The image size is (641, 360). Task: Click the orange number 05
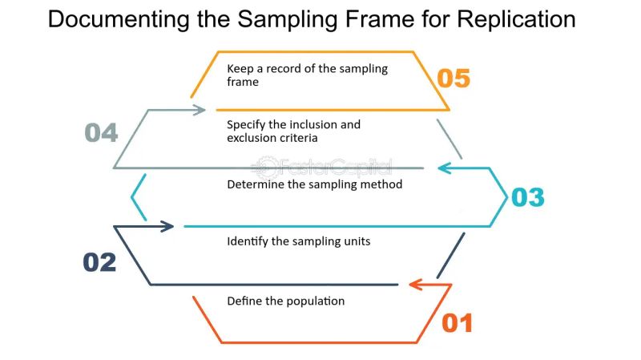[x=453, y=79]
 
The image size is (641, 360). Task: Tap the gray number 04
[x=102, y=132]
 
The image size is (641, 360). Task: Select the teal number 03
[x=527, y=197]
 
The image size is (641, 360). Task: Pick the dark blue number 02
[x=100, y=262]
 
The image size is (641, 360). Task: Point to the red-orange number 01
[x=458, y=323]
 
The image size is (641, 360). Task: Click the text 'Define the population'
[x=285, y=301]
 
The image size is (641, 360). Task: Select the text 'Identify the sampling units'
[x=298, y=241]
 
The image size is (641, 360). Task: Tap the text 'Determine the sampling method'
[x=314, y=184]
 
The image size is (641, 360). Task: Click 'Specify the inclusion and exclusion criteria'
[x=293, y=131]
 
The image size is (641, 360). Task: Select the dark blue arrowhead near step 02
[x=167, y=227]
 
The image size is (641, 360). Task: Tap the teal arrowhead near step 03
[x=444, y=168]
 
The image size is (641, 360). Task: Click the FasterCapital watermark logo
[x=320, y=168]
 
